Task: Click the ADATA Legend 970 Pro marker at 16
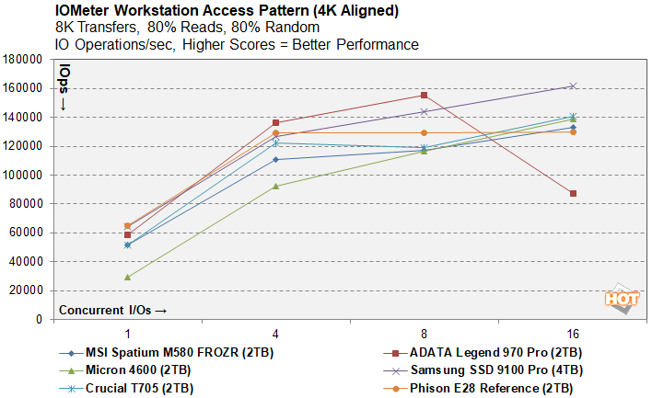(x=573, y=193)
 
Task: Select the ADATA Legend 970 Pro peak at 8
(x=424, y=95)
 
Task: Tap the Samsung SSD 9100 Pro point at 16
(x=573, y=85)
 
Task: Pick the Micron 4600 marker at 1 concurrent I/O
(x=127, y=277)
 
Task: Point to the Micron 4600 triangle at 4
(x=275, y=186)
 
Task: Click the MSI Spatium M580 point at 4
(x=275, y=159)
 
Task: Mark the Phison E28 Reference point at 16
(x=573, y=131)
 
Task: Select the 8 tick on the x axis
(x=424, y=333)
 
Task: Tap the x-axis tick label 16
(x=573, y=333)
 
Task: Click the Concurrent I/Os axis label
(x=113, y=310)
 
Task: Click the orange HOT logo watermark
(x=622, y=300)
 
